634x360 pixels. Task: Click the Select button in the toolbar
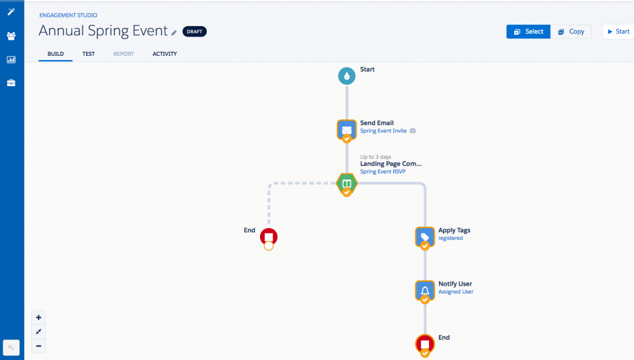(528, 32)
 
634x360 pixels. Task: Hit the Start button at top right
(618, 32)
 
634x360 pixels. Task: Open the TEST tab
(89, 54)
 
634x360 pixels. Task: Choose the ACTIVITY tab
(165, 54)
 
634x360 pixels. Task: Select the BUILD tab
(56, 54)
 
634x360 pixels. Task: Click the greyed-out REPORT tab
(123, 54)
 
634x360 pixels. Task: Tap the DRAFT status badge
(194, 32)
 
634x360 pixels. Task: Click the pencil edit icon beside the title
(174, 32)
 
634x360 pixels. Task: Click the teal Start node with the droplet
(347, 76)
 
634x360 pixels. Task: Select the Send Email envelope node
(347, 130)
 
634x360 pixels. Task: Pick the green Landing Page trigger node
(347, 183)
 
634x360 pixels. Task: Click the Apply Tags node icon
(425, 236)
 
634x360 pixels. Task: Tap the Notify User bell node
(425, 289)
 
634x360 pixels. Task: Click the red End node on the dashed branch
(269, 236)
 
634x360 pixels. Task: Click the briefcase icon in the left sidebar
(11, 83)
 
